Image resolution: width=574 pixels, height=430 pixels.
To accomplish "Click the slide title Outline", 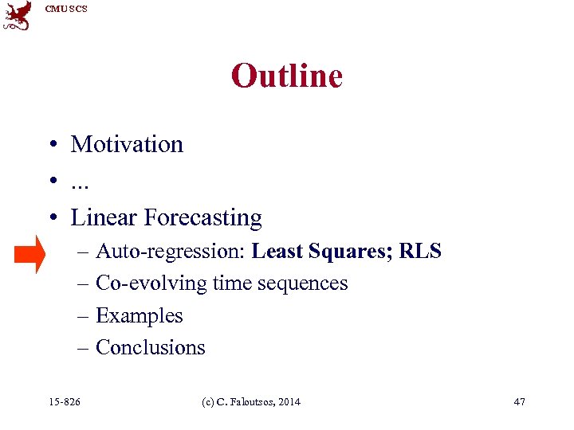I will [x=286, y=76].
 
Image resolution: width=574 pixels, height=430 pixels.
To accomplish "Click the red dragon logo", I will [x=18, y=16].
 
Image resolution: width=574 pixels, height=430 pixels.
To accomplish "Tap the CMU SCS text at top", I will [x=66, y=9].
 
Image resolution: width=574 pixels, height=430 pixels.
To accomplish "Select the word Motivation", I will [x=127, y=144].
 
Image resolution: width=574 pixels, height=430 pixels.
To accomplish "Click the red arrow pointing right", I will [x=31, y=254].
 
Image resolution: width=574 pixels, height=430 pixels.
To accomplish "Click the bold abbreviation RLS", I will [x=420, y=252].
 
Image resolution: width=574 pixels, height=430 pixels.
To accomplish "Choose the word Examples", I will [x=139, y=315].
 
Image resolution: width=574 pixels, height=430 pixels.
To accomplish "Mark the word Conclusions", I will [x=150, y=347].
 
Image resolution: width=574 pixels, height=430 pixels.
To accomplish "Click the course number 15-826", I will [x=65, y=401].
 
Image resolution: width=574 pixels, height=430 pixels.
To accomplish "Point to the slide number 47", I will [x=519, y=401].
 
